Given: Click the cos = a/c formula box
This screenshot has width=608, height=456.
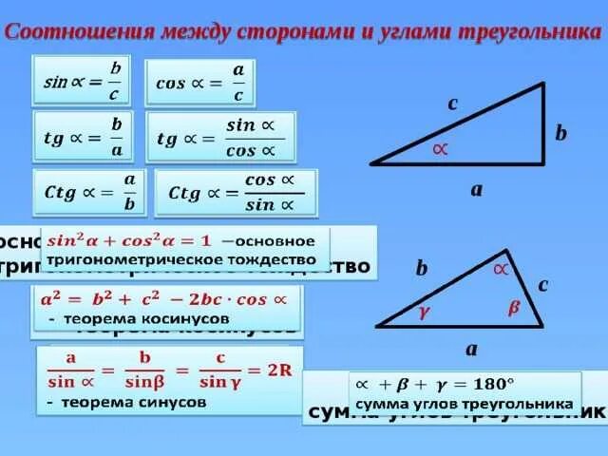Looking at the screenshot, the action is (x=199, y=83).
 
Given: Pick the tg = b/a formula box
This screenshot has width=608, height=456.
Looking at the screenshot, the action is (x=84, y=136).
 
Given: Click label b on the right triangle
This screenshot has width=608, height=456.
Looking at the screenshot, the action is (x=560, y=134).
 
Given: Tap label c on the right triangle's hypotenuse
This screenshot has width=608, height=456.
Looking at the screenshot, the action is (x=453, y=104).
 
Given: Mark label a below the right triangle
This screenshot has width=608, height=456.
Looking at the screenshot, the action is (x=477, y=189).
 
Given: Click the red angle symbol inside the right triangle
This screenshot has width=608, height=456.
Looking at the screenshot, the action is (x=439, y=148).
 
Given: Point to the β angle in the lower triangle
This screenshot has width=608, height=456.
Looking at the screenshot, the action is (x=513, y=307).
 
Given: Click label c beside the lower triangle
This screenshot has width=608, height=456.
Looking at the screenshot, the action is (x=543, y=283).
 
